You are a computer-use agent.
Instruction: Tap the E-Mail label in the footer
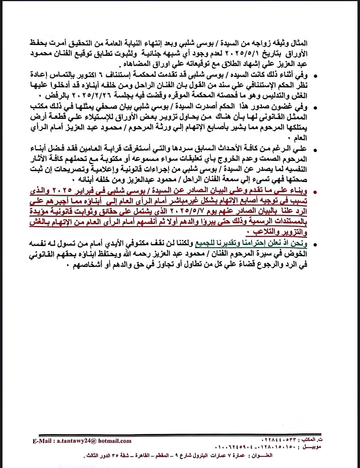[x=42, y=441]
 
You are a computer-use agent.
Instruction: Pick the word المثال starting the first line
[x=298, y=43]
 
